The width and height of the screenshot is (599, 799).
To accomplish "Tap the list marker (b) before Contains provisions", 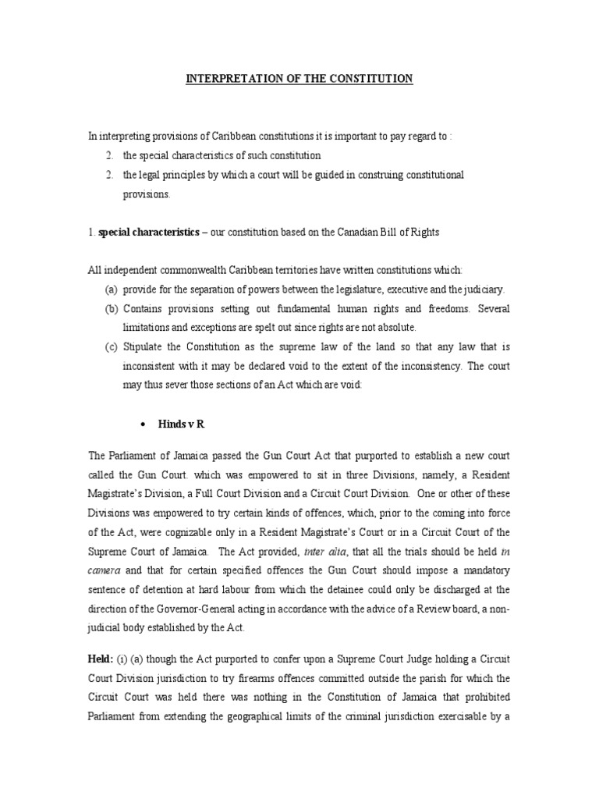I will click(x=112, y=309).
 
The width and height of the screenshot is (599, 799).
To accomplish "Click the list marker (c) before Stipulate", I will click(x=112, y=347).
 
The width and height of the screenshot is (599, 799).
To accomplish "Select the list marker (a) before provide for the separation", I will click(x=112, y=289).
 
